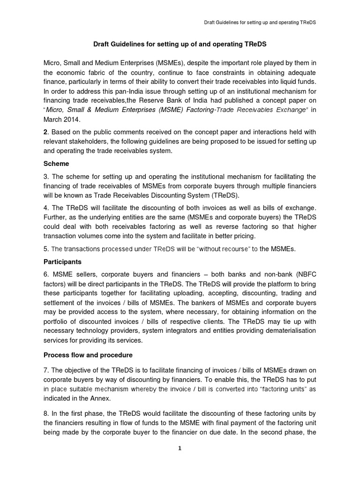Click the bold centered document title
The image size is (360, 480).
180,44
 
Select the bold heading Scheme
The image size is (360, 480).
56,164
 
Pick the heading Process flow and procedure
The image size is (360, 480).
88,354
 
